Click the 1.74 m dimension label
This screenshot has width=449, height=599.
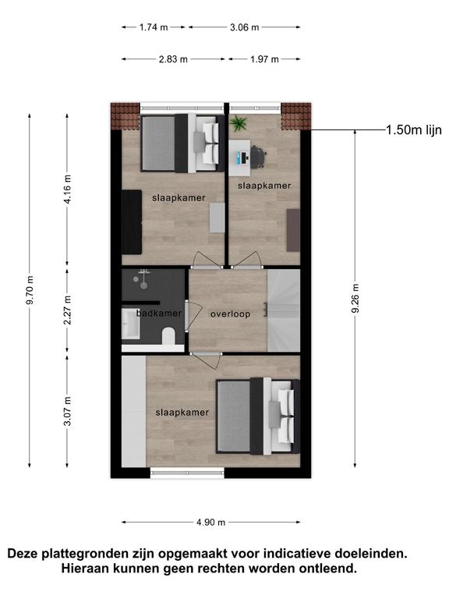point(154,27)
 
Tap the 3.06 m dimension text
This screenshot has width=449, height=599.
point(244,27)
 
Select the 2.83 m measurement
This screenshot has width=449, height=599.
point(173,59)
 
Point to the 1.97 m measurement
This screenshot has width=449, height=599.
point(264,59)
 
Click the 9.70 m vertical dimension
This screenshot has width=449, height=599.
point(30,289)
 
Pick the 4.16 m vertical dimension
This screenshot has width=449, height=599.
point(68,189)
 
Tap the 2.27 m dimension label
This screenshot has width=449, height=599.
point(68,310)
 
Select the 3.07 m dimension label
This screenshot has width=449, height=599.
point(68,411)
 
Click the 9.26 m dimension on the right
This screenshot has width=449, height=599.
point(355,299)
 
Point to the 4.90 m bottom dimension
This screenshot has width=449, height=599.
point(210,523)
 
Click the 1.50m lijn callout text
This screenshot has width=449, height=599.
point(414,130)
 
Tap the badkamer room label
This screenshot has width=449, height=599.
point(159,314)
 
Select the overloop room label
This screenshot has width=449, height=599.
point(230,314)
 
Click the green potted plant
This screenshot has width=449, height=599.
point(239,123)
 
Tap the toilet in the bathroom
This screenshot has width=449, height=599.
point(168,336)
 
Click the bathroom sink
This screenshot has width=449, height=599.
point(131,324)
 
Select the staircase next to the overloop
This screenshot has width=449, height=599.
point(284,310)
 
